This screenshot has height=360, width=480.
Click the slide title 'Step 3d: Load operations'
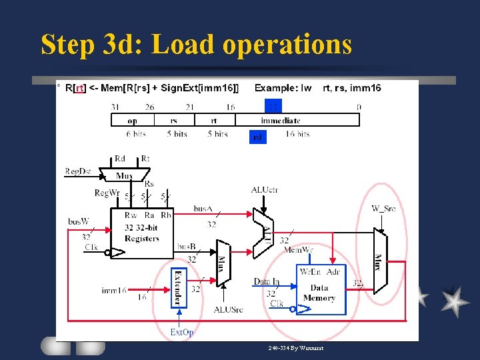pos(196,45)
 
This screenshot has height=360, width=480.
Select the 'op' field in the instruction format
pos(132,121)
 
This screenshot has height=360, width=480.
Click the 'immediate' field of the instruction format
pos(280,121)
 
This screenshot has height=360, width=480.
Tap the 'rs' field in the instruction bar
pos(173,121)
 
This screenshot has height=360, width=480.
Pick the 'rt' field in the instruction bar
pos(213,121)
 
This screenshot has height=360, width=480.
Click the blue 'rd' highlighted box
pos(258,137)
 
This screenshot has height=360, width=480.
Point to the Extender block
pos(179,288)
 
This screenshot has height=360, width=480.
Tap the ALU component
pos(265,233)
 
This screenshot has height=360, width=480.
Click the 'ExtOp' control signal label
pos(182,332)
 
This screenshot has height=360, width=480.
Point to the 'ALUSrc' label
pos(228,309)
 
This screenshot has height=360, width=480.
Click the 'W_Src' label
pos(383,209)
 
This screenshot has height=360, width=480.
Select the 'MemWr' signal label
pos(298,250)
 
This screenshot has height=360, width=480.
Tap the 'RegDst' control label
pos(78,171)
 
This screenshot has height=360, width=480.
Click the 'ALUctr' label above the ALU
pos(265,190)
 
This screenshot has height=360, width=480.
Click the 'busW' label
pos(78,221)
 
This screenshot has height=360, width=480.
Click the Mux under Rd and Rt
pos(125,175)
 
